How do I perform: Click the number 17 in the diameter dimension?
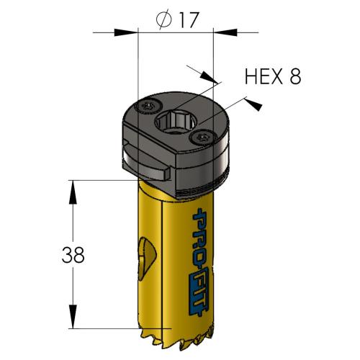186,20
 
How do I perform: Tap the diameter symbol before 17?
163,21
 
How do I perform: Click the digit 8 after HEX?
294,76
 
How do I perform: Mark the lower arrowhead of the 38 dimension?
72,318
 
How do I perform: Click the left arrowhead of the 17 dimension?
132,32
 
